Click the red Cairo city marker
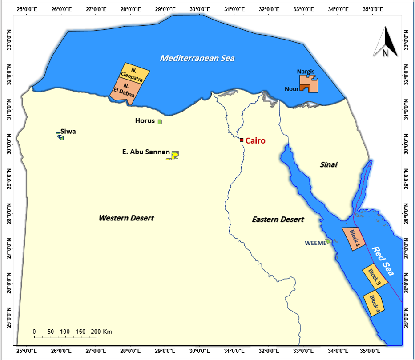(x=242, y=140)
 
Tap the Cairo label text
(x=255, y=141)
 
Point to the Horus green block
(x=160, y=122)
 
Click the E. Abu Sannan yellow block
(x=175, y=154)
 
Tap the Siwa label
(x=68, y=132)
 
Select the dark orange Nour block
(x=304, y=88)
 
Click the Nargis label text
(x=306, y=71)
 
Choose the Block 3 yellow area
(x=375, y=276)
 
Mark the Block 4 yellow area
(x=374, y=304)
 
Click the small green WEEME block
(x=328, y=241)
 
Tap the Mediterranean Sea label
(x=197, y=58)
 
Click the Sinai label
(x=329, y=165)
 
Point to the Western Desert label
(x=126, y=218)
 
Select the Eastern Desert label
(x=278, y=219)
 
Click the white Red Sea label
(x=383, y=261)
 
